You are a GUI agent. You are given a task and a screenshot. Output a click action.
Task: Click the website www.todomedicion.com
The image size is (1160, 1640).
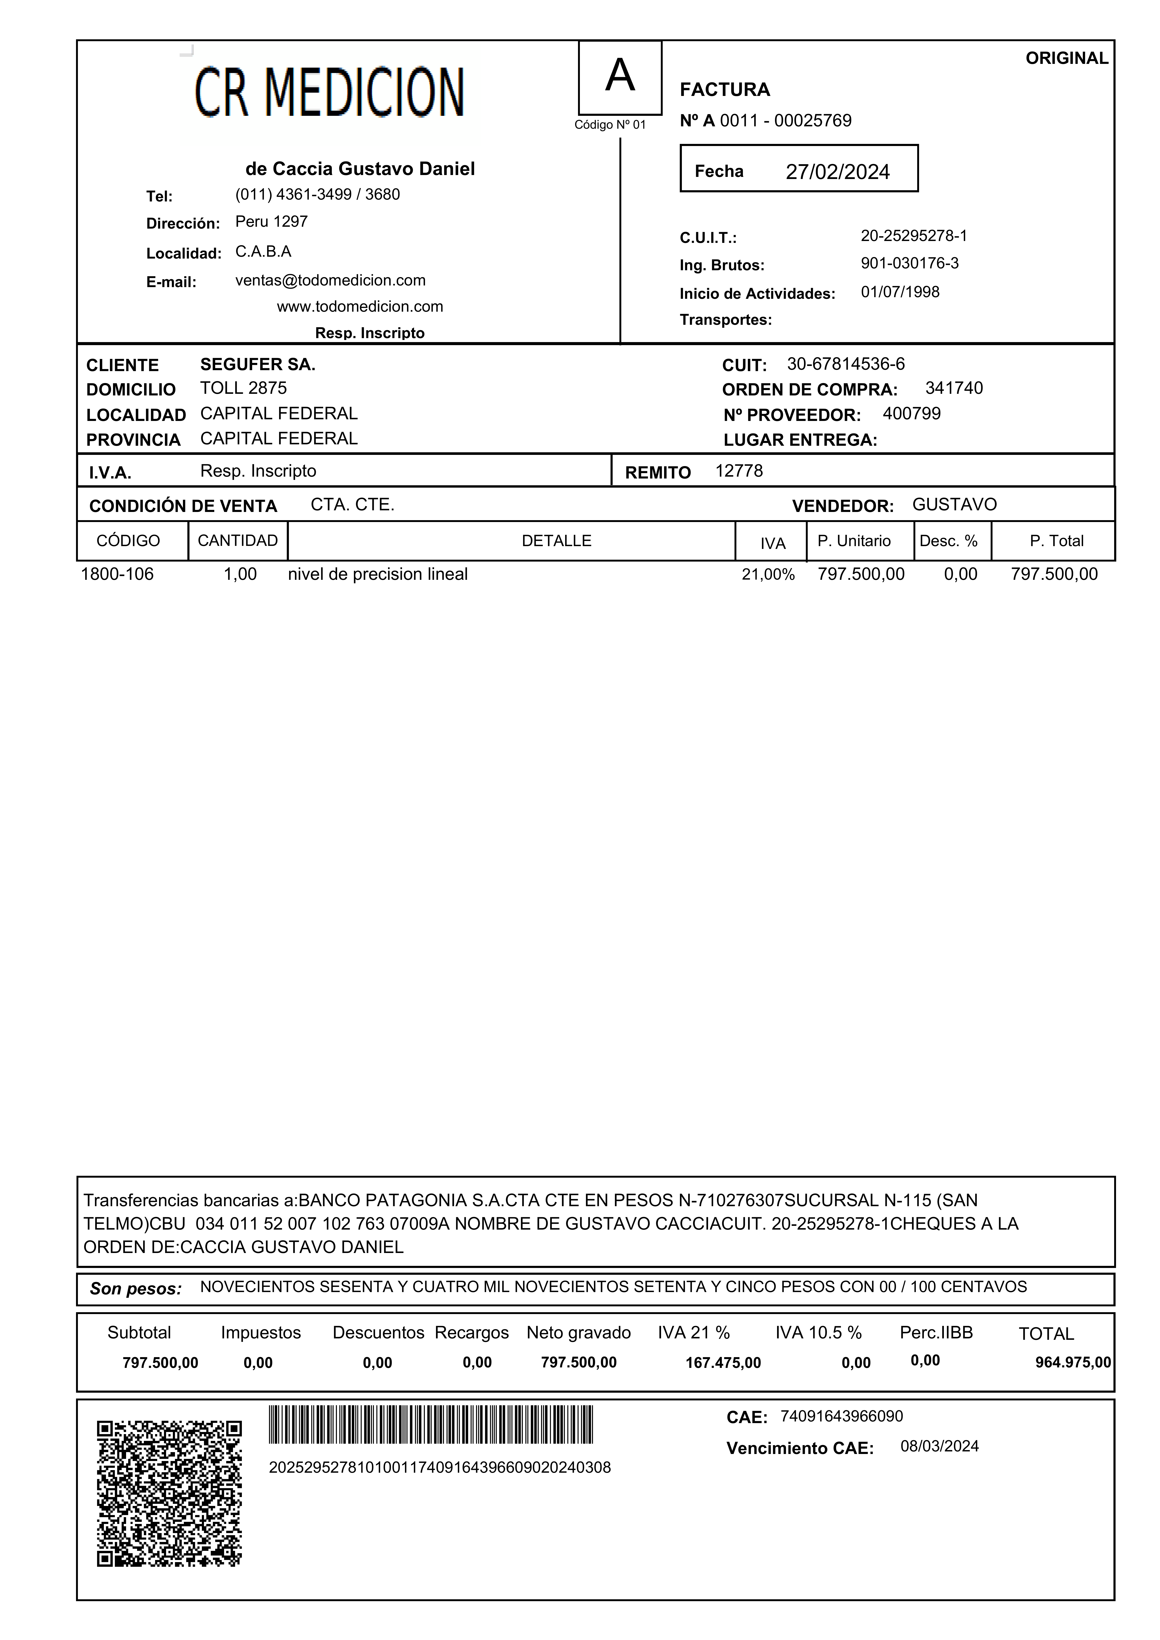coord(360,307)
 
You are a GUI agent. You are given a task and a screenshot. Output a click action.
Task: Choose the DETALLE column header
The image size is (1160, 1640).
coord(556,541)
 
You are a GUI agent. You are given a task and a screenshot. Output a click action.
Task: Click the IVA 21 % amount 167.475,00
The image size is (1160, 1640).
coord(723,1363)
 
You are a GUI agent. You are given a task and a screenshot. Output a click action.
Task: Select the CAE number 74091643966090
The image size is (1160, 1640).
coord(841,1416)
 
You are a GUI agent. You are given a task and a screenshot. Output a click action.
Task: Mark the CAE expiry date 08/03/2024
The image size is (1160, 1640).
coord(939,1446)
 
